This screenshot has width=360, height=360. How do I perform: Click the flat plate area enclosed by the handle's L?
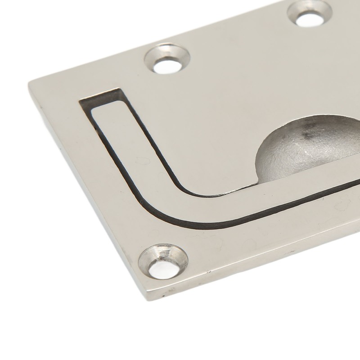tap(202, 135)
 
